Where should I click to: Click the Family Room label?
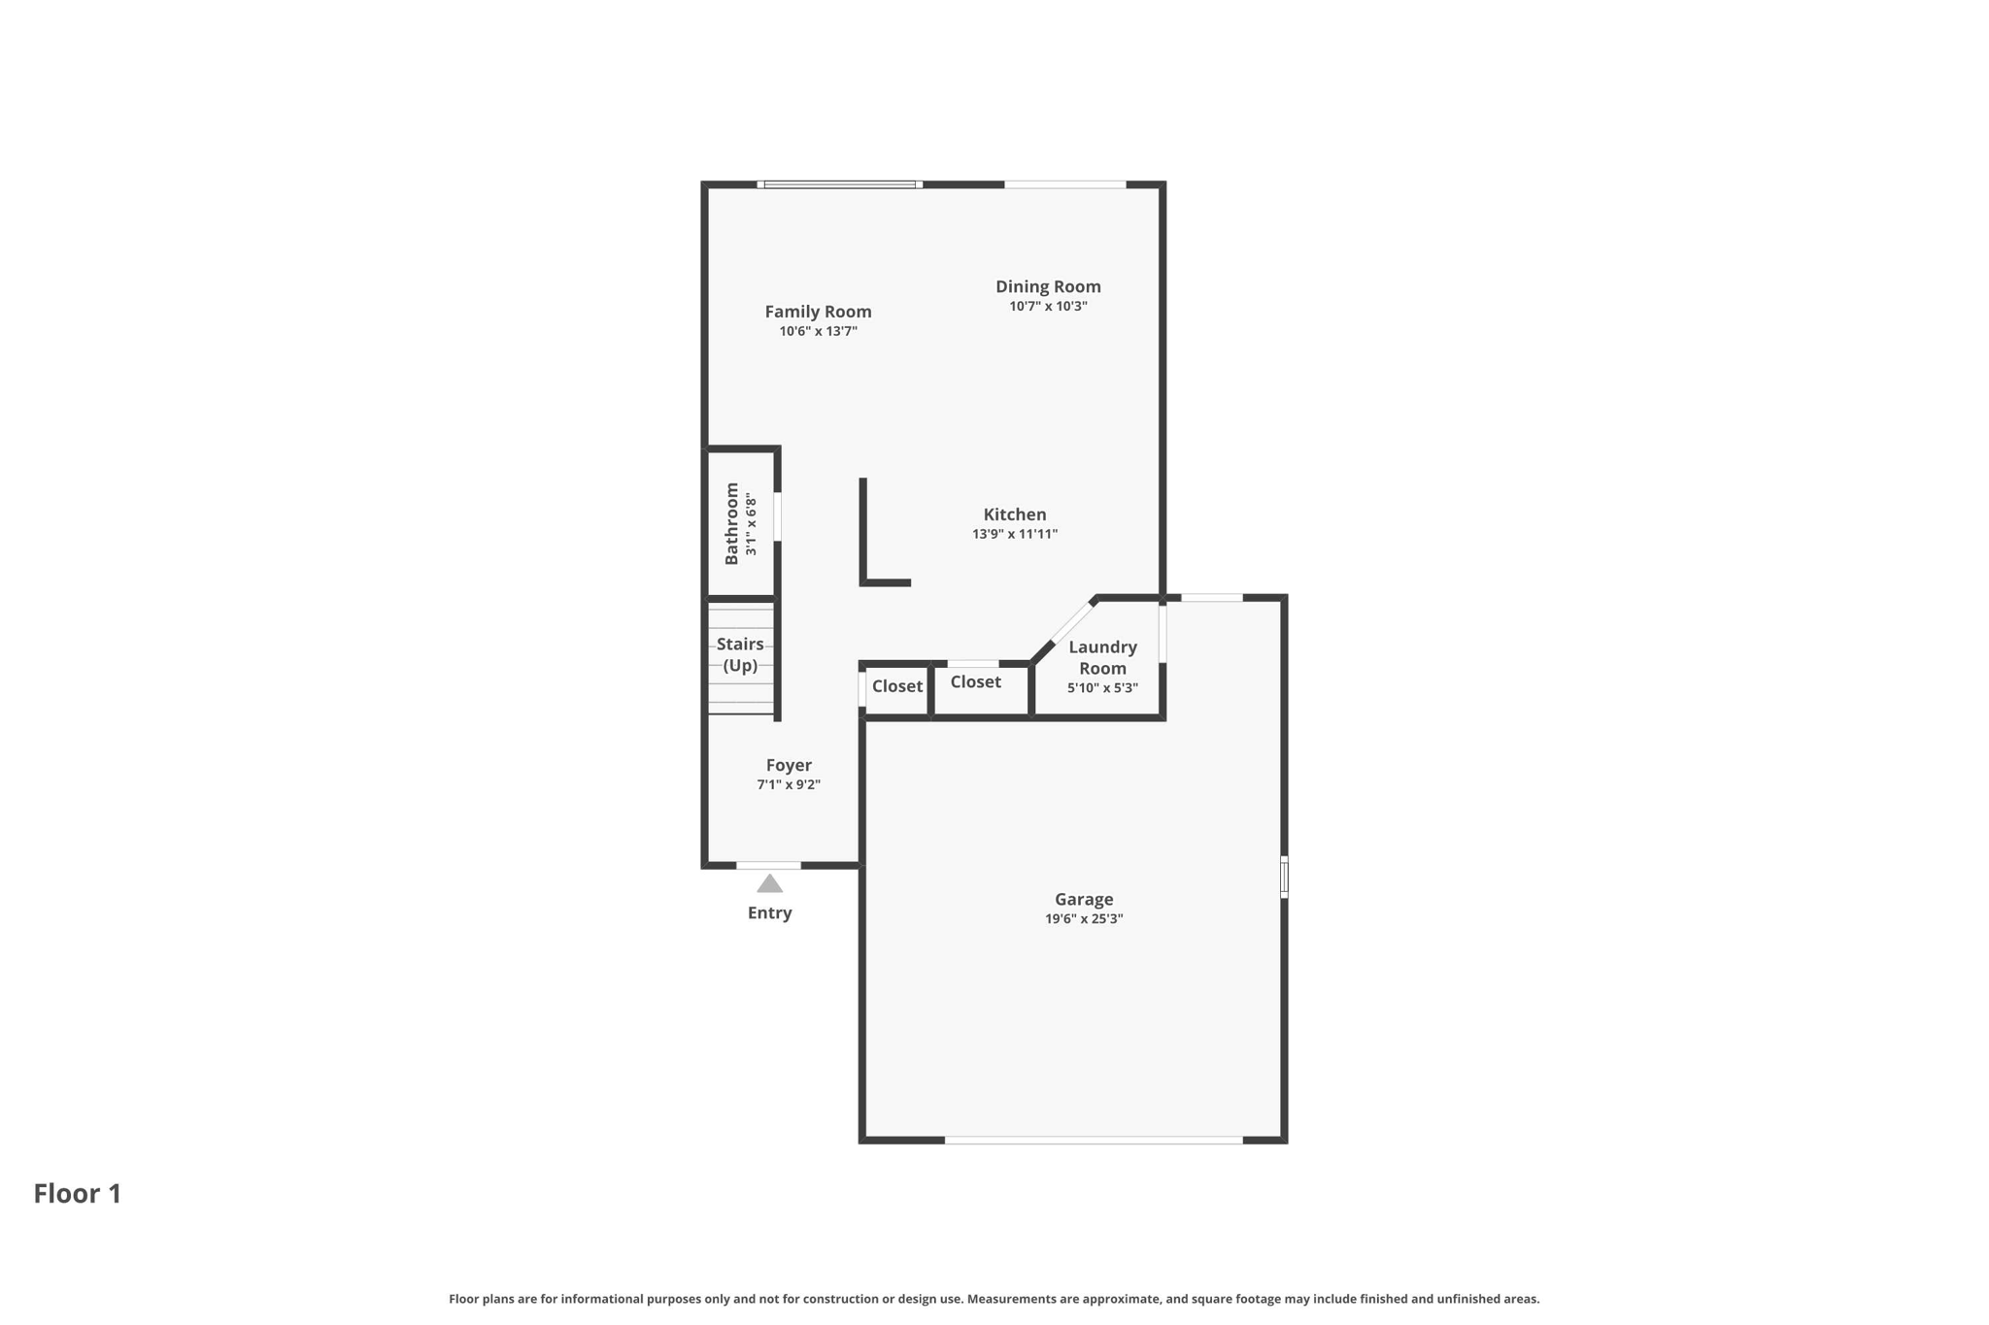pyautogui.click(x=818, y=312)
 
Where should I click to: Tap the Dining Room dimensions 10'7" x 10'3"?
pyautogui.click(x=1048, y=307)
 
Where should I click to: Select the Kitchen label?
pyautogui.click(x=1015, y=514)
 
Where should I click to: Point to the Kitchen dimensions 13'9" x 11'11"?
pyautogui.click(x=1015, y=534)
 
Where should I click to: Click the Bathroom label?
pyautogui.click(x=731, y=523)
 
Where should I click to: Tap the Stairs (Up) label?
pyautogui.click(x=740, y=654)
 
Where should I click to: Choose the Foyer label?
pyautogui.click(x=789, y=765)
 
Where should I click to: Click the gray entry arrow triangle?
pyautogui.click(x=770, y=883)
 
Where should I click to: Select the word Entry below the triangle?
pyautogui.click(x=770, y=913)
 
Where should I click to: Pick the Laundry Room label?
pyautogui.click(x=1102, y=657)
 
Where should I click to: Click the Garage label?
pyautogui.click(x=1084, y=900)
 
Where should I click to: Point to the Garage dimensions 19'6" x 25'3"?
pyautogui.click(x=1084, y=919)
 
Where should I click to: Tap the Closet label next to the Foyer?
pyautogui.click(x=897, y=686)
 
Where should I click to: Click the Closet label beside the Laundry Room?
pyautogui.click(x=975, y=682)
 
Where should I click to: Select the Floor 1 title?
pyautogui.click(x=78, y=1194)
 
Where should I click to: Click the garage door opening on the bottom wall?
pyautogui.click(x=1094, y=1141)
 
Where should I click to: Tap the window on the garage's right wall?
pyautogui.click(x=1284, y=877)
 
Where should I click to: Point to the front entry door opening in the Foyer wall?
pyautogui.click(x=769, y=865)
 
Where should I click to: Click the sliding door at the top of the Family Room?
pyautogui.click(x=840, y=184)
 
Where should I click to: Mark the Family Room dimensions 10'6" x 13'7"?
pyautogui.click(x=818, y=332)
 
